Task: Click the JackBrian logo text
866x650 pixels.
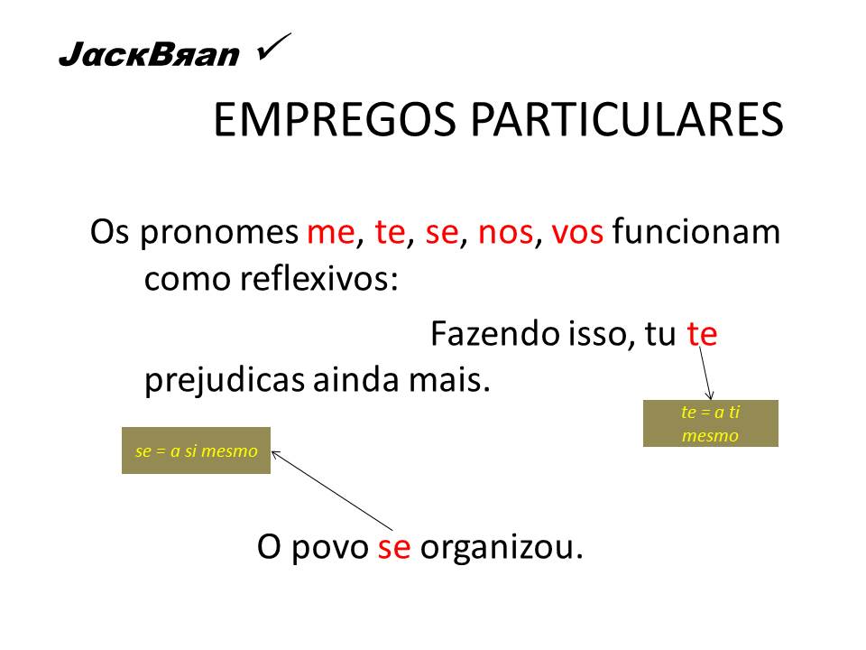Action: point(149,57)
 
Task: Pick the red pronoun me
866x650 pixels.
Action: point(331,234)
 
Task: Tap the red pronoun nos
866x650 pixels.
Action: point(505,234)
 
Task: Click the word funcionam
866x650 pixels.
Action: point(696,234)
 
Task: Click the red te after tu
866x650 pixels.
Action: point(702,334)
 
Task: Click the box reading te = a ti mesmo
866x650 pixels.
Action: point(710,423)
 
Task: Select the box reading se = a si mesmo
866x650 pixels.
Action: point(196,450)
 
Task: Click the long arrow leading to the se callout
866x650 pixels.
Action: point(334,490)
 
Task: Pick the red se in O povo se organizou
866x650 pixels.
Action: point(394,547)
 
